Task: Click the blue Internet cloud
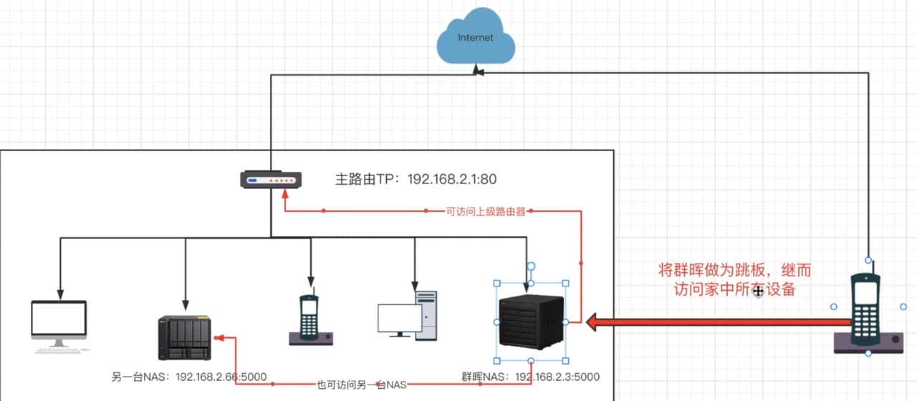pos(476,39)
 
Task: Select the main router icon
pos(270,179)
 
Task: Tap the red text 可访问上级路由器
pos(486,211)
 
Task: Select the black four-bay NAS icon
pos(185,338)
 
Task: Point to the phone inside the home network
pos(310,320)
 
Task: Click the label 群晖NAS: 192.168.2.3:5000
pos(531,377)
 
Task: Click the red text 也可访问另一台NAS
pos(361,385)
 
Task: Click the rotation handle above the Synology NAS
pos(531,266)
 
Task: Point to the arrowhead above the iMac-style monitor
pos(60,294)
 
